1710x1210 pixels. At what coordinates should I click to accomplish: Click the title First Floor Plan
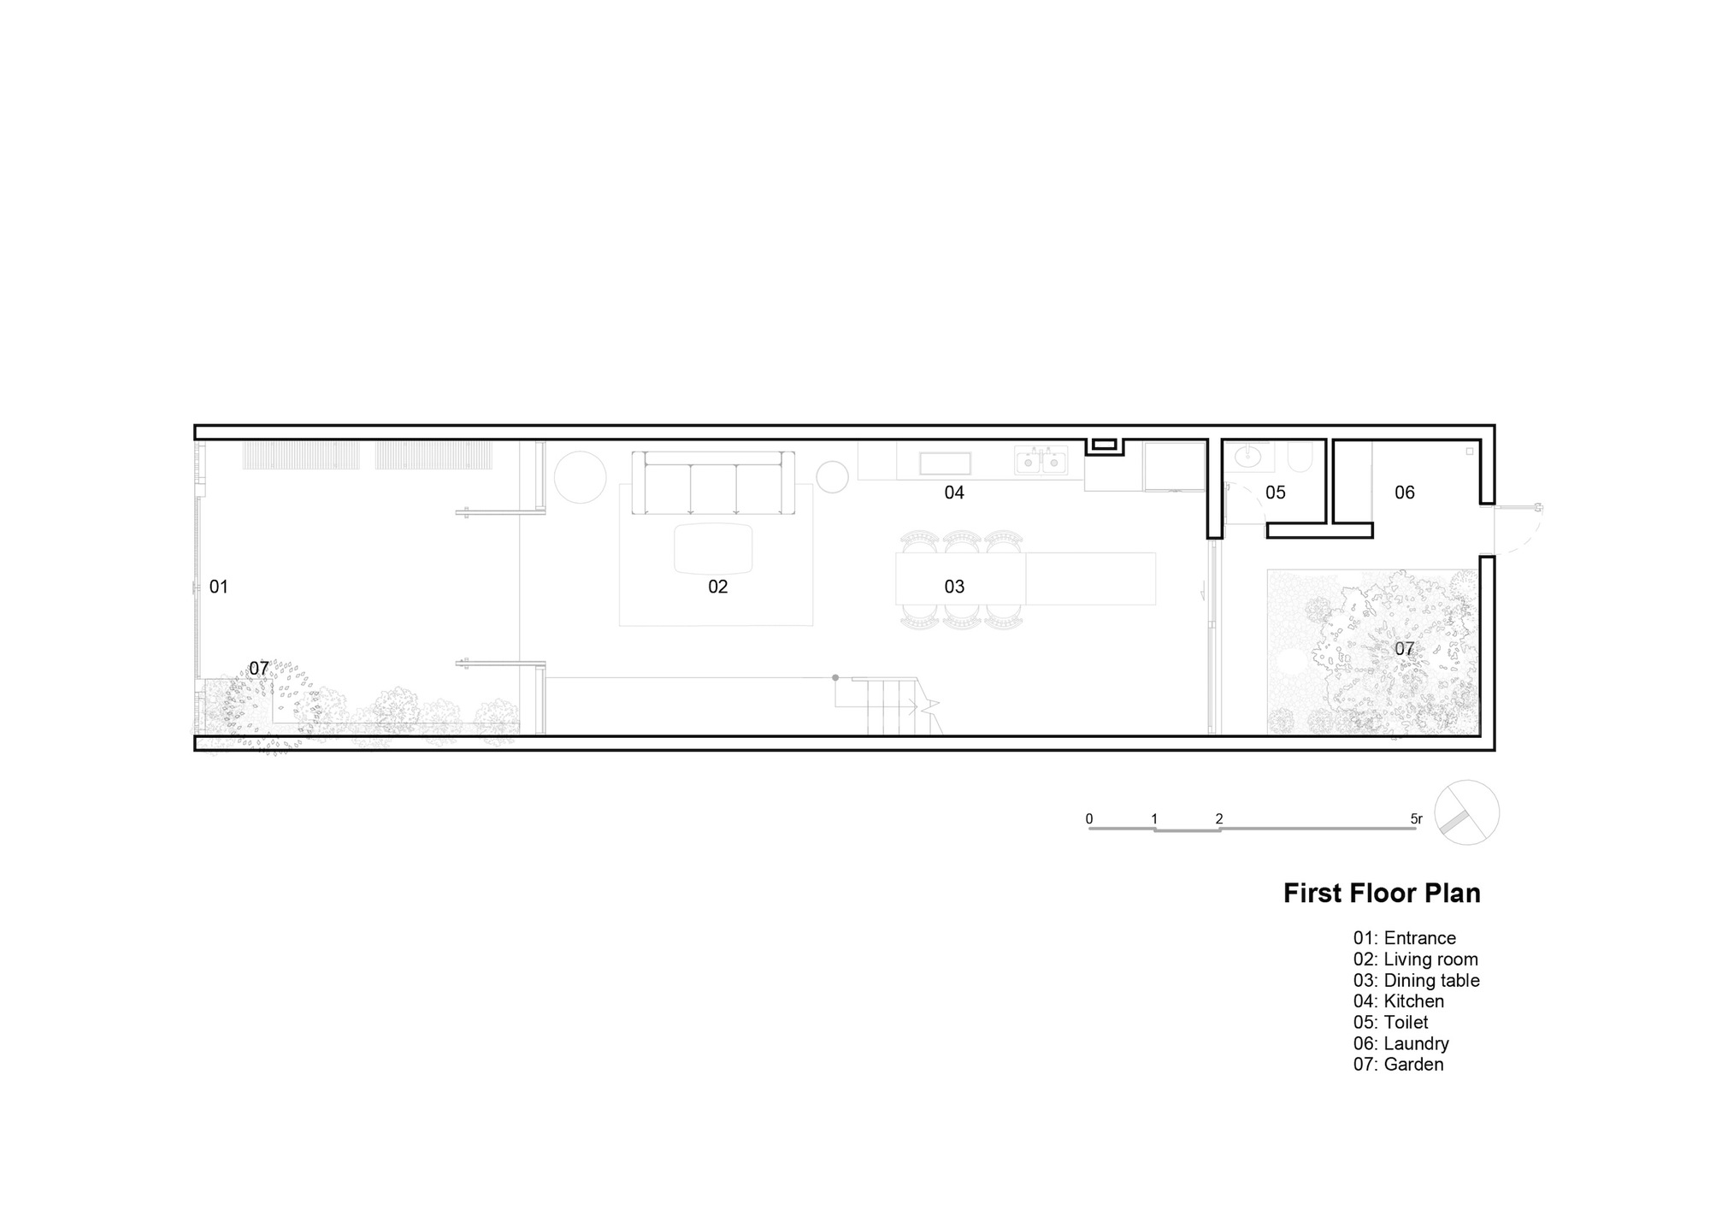coord(1382,893)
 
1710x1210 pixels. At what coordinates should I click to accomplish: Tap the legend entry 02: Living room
coord(1415,959)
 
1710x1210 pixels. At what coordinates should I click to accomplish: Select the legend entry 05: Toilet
coord(1390,1023)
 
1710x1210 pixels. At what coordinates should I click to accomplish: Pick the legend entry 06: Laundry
coord(1400,1043)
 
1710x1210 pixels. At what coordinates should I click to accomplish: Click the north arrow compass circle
coord(1466,812)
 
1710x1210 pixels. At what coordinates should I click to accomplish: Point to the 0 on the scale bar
coord(1089,818)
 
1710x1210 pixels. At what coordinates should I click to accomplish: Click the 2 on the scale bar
coord(1219,818)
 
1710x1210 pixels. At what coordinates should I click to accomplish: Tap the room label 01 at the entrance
coord(219,587)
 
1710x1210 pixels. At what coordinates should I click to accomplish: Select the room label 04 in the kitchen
coord(954,493)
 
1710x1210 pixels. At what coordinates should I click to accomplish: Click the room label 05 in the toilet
coord(1276,493)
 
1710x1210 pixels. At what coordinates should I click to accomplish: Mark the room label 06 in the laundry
coord(1405,493)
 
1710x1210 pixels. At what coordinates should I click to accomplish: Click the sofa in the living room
coord(713,484)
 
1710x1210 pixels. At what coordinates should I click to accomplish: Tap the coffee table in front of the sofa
coord(714,548)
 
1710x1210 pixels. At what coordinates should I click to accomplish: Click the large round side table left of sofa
coord(580,477)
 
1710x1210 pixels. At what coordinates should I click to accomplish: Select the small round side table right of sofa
coord(831,477)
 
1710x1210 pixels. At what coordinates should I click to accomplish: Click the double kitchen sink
coord(1041,462)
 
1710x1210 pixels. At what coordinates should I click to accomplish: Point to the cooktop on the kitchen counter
coord(945,463)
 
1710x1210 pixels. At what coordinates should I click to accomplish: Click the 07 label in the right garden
coord(1405,649)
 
